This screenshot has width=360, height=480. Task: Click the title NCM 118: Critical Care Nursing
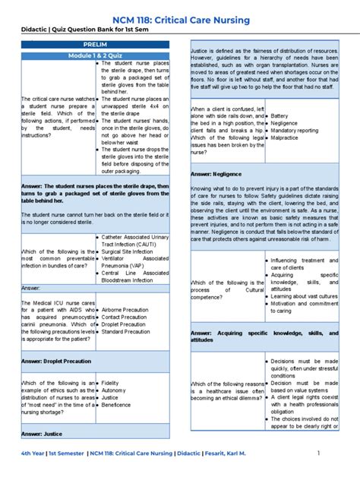(180, 12)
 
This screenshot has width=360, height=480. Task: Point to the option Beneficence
(118, 405)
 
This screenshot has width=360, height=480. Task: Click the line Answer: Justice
(42, 434)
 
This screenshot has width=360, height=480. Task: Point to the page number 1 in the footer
(319, 453)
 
